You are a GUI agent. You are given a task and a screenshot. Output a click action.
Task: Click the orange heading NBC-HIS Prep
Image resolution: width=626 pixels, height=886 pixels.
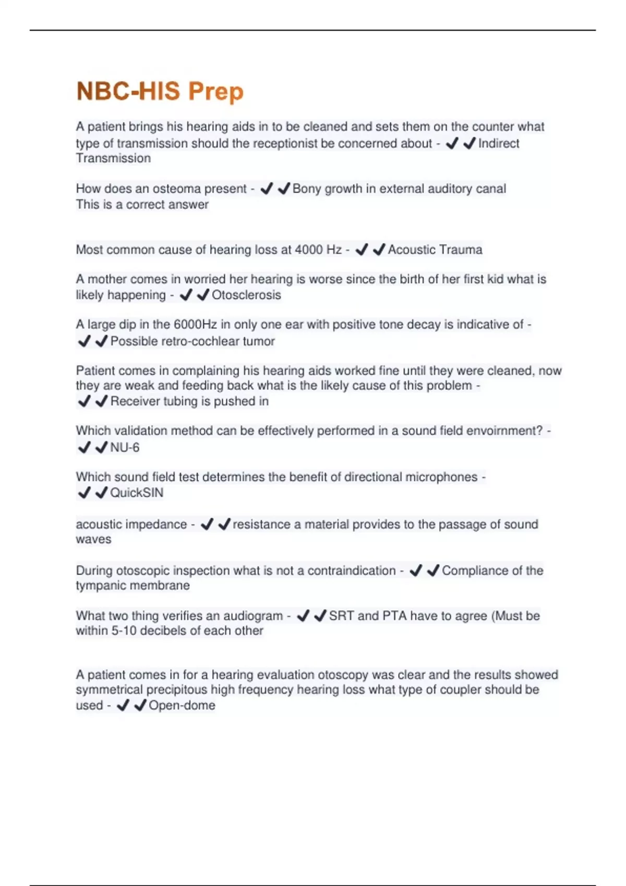pos(160,91)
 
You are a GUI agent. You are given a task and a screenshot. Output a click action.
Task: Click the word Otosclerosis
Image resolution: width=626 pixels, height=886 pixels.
pos(246,295)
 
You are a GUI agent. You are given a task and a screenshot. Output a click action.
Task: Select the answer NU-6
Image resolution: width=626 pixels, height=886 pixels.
pos(125,447)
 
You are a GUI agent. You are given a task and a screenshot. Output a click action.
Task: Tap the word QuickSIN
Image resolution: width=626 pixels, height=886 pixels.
pos(137,493)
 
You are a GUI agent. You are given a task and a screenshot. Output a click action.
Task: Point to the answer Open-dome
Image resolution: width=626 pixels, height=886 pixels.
pos(182,705)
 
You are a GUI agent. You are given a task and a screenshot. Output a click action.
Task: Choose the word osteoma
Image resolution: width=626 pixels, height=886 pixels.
pos(176,189)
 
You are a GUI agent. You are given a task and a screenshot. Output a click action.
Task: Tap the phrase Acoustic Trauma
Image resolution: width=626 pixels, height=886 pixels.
pos(435,250)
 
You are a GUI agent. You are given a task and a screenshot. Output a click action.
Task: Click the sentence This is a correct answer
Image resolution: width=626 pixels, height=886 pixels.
pos(142,204)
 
